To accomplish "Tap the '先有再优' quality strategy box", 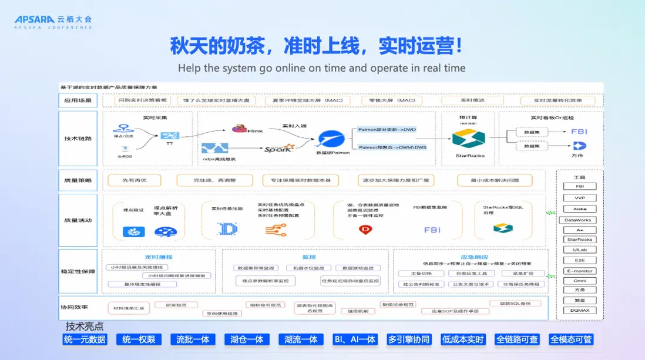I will (134, 180).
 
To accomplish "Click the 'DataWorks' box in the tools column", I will (579, 220).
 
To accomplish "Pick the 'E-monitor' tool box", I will (579, 271).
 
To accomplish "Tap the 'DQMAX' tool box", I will (579, 310).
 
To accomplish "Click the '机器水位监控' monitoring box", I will (305, 268).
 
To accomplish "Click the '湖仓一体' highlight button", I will (247, 339).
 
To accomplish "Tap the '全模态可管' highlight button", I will (571, 339).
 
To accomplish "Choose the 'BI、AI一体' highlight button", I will (354, 339).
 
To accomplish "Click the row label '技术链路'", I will (78, 139).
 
